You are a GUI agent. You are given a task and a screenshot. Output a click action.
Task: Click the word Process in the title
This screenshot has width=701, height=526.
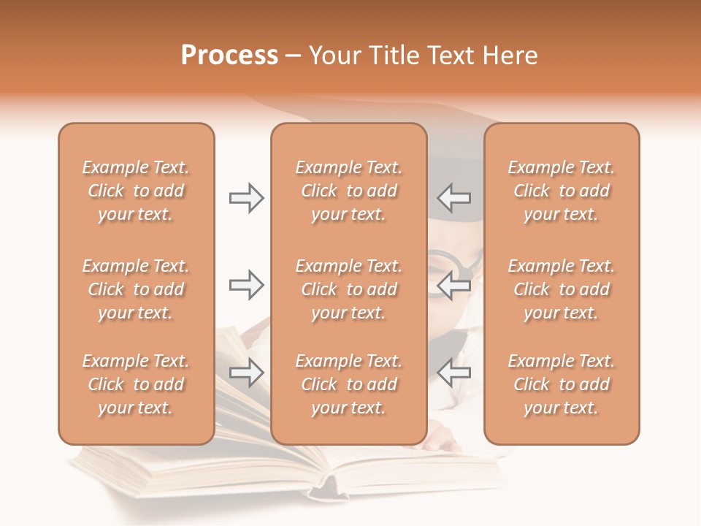click(229, 56)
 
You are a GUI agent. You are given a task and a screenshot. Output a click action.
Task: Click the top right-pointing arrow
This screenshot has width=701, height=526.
click(247, 198)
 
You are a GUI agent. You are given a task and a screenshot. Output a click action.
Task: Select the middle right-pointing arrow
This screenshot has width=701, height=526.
click(247, 285)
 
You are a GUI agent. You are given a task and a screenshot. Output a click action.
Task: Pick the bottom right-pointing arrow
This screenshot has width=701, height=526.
click(247, 373)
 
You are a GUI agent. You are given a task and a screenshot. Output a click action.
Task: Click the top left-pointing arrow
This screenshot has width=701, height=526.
click(454, 198)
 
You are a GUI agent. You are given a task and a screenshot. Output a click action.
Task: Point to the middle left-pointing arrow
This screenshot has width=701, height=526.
click(454, 285)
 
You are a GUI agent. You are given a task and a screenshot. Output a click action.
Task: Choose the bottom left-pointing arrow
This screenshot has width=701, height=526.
click(454, 373)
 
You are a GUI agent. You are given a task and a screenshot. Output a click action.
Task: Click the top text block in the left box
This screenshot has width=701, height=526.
click(136, 191)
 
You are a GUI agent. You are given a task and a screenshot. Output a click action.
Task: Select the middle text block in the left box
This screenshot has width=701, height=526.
click(136, 289)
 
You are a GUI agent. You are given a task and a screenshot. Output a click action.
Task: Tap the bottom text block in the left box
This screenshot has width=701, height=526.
click(136, 384)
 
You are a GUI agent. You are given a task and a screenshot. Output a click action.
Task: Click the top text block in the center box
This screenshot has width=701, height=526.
click(348, 191)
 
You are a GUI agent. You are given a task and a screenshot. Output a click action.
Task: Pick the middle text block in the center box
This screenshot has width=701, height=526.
click(348, 289)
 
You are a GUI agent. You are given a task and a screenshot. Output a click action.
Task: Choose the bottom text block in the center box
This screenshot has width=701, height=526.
click(348, 384)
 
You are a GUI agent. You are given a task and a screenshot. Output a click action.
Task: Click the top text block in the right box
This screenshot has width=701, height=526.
click(561, 191)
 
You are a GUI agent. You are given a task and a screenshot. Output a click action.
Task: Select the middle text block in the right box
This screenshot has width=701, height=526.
click(561, 289)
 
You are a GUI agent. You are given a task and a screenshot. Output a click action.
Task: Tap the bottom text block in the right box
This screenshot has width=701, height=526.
click(561, 384)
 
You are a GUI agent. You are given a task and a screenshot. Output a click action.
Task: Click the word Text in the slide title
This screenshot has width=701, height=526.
click(444, 56)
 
